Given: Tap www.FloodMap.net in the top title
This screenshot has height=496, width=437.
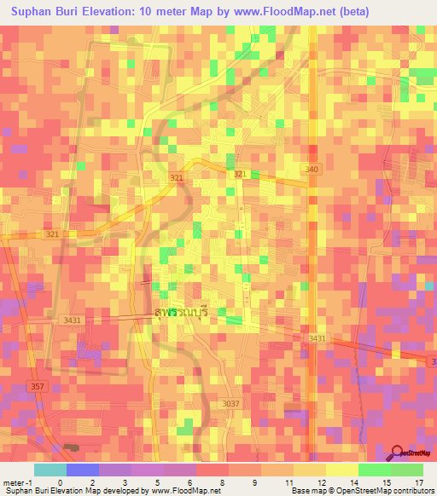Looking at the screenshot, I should point(279,12).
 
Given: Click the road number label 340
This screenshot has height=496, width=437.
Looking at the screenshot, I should point(312,170).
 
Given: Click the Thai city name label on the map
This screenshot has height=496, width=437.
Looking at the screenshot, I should point(182,313).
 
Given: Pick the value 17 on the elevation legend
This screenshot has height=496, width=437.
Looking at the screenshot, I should point(418,482).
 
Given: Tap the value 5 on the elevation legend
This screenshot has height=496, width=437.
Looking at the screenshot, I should point(156,482).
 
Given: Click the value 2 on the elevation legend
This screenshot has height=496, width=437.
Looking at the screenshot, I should point(91,482).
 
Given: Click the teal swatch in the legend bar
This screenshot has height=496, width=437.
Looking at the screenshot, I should point(50,470).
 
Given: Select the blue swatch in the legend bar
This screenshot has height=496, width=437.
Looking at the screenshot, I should point(82,470).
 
